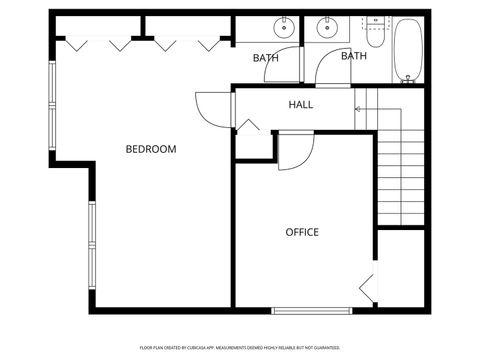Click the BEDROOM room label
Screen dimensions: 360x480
(x=150, y=149)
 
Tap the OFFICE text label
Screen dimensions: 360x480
(x=302, y=232)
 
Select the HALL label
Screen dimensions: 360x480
(x=301, y=105)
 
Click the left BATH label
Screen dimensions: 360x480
(x=265, y=58)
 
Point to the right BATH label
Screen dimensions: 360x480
(x=354, y=56)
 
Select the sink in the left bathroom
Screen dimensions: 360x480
(x=284, y=27)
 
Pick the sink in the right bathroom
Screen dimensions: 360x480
(x=326, y=27)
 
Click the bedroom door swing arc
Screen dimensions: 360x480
(x=212, y=107)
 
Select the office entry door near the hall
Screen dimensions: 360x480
(x=293, y=152)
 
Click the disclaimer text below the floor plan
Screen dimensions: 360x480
(x=240, y=348)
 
